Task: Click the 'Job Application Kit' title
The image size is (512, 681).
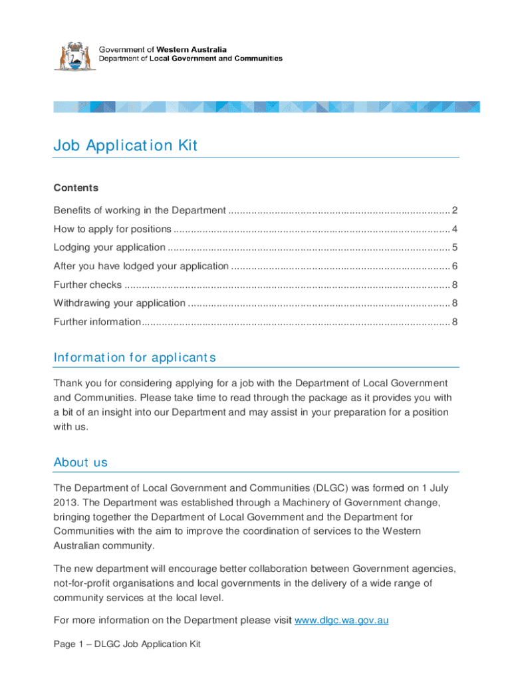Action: coord(125,146)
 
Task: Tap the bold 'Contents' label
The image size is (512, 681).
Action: coord(76,188)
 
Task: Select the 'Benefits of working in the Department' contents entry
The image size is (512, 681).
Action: coord(140,211)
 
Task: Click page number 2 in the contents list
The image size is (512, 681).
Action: coord(455,211)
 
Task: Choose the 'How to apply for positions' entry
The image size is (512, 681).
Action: coord(112,229)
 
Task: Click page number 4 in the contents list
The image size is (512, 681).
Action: coord(455,229)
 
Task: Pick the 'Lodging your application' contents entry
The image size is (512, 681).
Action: coord(109,247)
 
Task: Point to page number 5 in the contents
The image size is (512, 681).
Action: coord(455,247)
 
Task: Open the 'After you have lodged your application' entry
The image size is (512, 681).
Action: coord(140,266)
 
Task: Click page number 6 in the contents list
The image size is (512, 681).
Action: coord(455,266)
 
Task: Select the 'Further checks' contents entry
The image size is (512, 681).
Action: coord(87,285)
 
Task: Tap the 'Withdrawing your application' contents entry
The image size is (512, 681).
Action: coord(119,303)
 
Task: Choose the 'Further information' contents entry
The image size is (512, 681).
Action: coord(97,322)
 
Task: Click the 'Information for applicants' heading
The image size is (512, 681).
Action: coord(134,358)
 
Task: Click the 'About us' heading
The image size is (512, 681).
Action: coord(80,462)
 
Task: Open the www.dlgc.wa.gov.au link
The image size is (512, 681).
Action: coord(341,620)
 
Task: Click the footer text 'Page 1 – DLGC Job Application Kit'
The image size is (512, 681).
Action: coord(127,644)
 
